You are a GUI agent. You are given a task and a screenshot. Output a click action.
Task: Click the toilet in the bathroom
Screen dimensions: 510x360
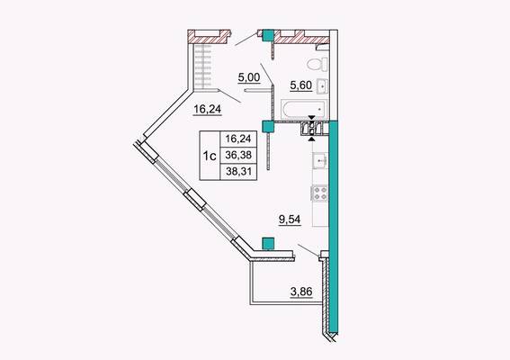[x=318, y=64]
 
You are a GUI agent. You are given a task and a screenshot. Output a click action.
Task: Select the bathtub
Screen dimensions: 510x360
[x=303, y=109]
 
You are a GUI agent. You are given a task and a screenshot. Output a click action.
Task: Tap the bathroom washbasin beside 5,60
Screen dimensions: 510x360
[x=322, y=86]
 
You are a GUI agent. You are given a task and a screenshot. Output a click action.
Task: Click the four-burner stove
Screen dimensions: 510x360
[x=319, y=193]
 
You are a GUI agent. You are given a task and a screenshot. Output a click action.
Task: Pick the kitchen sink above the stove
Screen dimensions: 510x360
[x=320, y=160]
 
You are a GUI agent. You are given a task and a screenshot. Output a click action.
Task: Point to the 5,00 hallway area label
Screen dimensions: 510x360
[x=249, y=78]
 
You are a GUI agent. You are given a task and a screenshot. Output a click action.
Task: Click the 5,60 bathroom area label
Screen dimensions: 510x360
[x=300, y=85]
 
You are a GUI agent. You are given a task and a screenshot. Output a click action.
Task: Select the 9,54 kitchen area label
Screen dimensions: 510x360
[x=290, y=220]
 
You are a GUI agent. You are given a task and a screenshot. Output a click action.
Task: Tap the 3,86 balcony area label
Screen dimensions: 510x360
[x=301, y=292]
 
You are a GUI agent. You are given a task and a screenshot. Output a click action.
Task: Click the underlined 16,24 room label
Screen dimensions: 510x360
[x=208, y=109]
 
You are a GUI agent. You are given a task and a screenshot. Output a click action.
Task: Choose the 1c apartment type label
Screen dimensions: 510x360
[x=210, y=157]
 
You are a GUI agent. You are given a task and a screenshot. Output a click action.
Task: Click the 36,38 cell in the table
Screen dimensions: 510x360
[x=238, y=155]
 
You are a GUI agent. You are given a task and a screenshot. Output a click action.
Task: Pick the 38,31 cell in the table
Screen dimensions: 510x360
[x=238, y=172]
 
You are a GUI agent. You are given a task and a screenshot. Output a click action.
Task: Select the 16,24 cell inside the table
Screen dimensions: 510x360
[x=238, y=139]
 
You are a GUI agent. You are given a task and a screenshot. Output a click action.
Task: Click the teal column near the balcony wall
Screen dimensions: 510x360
[x=268, y=244]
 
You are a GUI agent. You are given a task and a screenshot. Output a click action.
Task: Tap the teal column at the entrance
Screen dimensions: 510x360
[x=268, y=35]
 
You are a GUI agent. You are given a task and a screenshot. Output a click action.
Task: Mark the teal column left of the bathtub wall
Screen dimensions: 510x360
[x=268, y=127]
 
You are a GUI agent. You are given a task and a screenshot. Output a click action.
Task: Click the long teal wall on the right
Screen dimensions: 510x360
[x=334, y=227]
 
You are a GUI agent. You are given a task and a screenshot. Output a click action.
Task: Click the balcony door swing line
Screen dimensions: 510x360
[x=309, y=250]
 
